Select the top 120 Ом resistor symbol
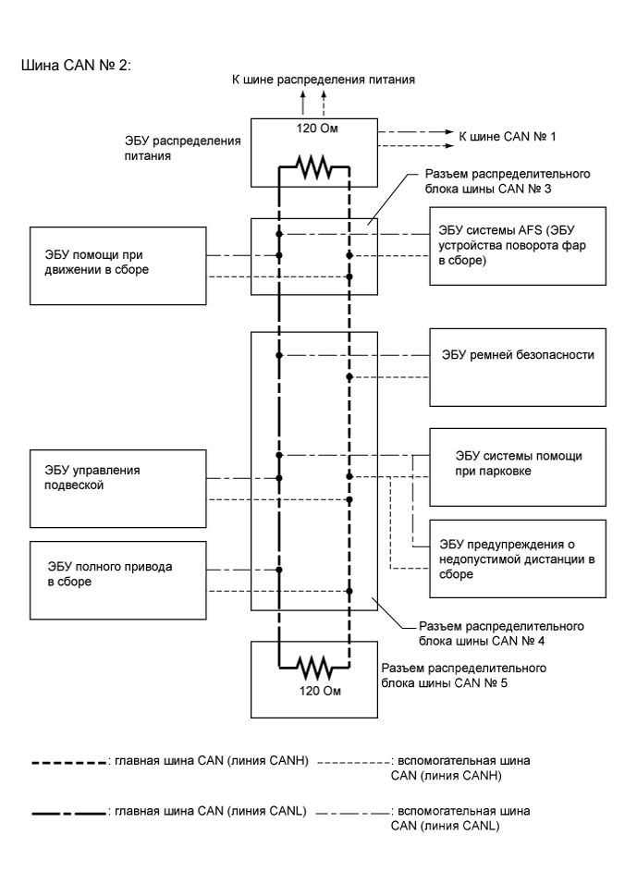pyautogui.click(x=313, y=168)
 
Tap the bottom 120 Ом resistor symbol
pyautogui.click(x=313, y=664)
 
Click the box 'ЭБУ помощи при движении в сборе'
pyautogui.click(x=116, y=264)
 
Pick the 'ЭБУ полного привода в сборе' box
pyautogui.click(x=116, y=580)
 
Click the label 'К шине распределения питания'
pyautogui.click(x=323, y=80)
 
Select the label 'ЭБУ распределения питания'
pyautogui.click(x=183, y=149)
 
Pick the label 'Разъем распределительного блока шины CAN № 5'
pyautogui.click(x=463, y=676)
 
